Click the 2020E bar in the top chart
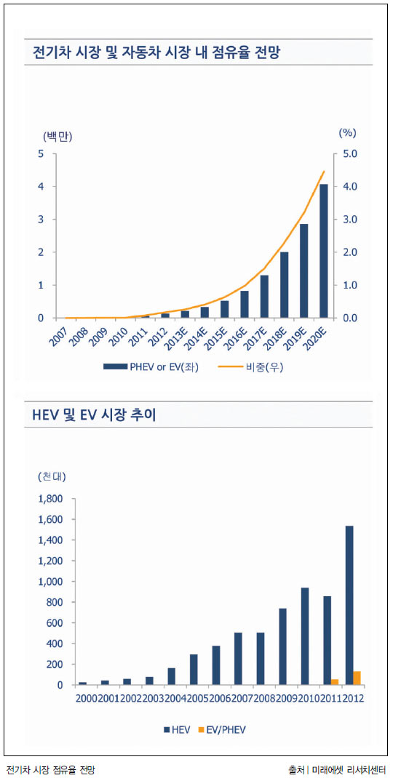click(x=323, y=251)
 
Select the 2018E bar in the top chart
click(x=285, y=285)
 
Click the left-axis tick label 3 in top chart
click(x=41, y=220)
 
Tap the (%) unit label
click(x=347, y=133)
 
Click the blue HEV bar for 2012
click(x=349, y=606)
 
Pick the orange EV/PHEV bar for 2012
click(x=357, y=678)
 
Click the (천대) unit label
click(x=52, y=477)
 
